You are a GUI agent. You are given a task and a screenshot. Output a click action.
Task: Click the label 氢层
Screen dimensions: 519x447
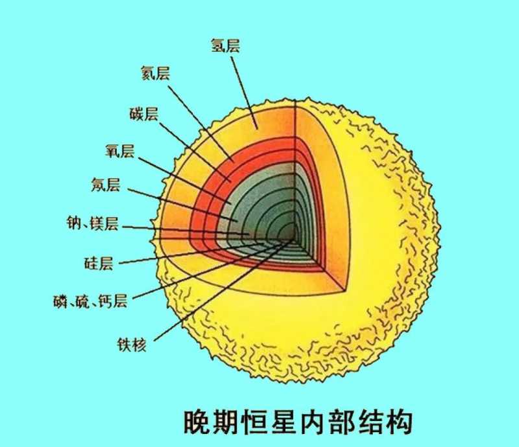(x=225, y=45)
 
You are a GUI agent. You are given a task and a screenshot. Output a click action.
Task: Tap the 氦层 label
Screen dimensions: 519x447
(x=155, y=73)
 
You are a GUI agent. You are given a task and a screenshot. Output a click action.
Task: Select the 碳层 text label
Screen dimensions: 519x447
(x=143, y=114)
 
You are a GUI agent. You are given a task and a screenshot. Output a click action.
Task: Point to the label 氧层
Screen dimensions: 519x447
(x=120, y=151)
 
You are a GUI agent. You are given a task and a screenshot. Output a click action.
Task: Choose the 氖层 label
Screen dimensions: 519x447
(x=106, y=185)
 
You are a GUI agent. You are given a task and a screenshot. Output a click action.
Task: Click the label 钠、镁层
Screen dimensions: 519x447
(x=92, y=223)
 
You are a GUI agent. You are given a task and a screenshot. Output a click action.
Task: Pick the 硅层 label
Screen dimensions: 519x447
(x=99, y=264)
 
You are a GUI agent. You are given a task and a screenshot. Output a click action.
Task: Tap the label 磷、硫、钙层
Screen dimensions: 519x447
(x=90, y=301)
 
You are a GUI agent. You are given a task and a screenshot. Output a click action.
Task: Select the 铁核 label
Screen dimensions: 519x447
(x=132, y=345)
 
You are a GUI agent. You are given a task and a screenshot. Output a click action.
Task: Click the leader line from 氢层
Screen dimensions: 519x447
(x=245, y=93)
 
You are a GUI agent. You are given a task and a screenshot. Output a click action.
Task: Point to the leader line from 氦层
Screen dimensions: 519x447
(x=201, y=124)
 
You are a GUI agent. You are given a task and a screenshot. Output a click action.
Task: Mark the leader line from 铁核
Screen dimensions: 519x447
(x=223, y=291)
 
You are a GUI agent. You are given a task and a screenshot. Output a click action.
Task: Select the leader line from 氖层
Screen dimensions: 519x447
(x=183, y=205)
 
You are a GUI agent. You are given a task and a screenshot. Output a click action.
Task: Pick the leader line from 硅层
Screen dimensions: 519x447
(x=191, y=253)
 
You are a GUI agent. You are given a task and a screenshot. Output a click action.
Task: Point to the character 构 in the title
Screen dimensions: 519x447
(x=400, y=422)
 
